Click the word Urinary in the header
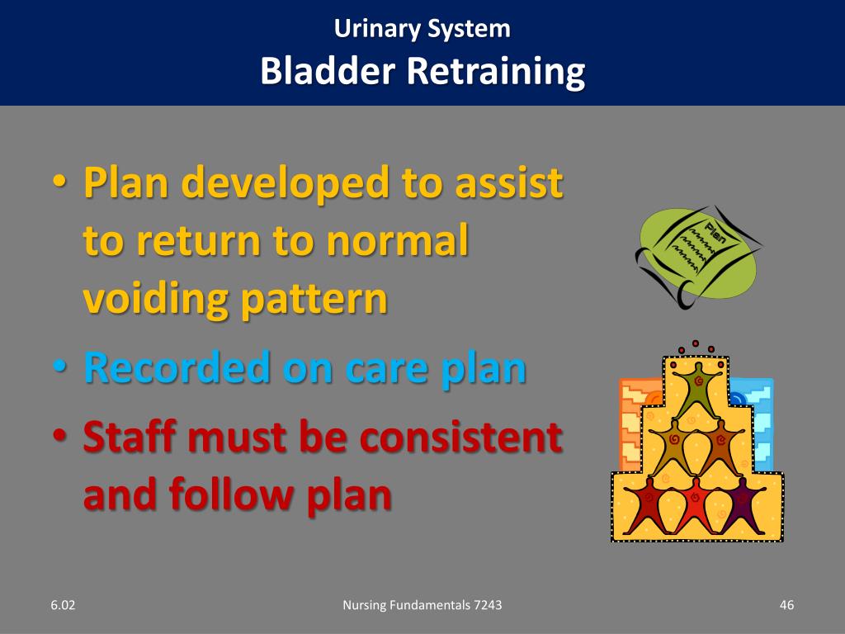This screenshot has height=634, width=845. (378, 29)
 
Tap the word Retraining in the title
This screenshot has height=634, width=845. (494, 72)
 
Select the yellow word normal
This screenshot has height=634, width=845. (398, 241)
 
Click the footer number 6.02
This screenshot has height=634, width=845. (62, 606)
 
